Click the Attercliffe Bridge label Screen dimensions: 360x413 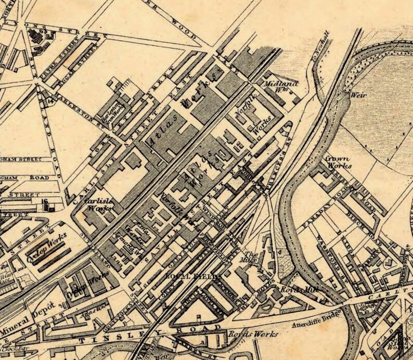point(321,316)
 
